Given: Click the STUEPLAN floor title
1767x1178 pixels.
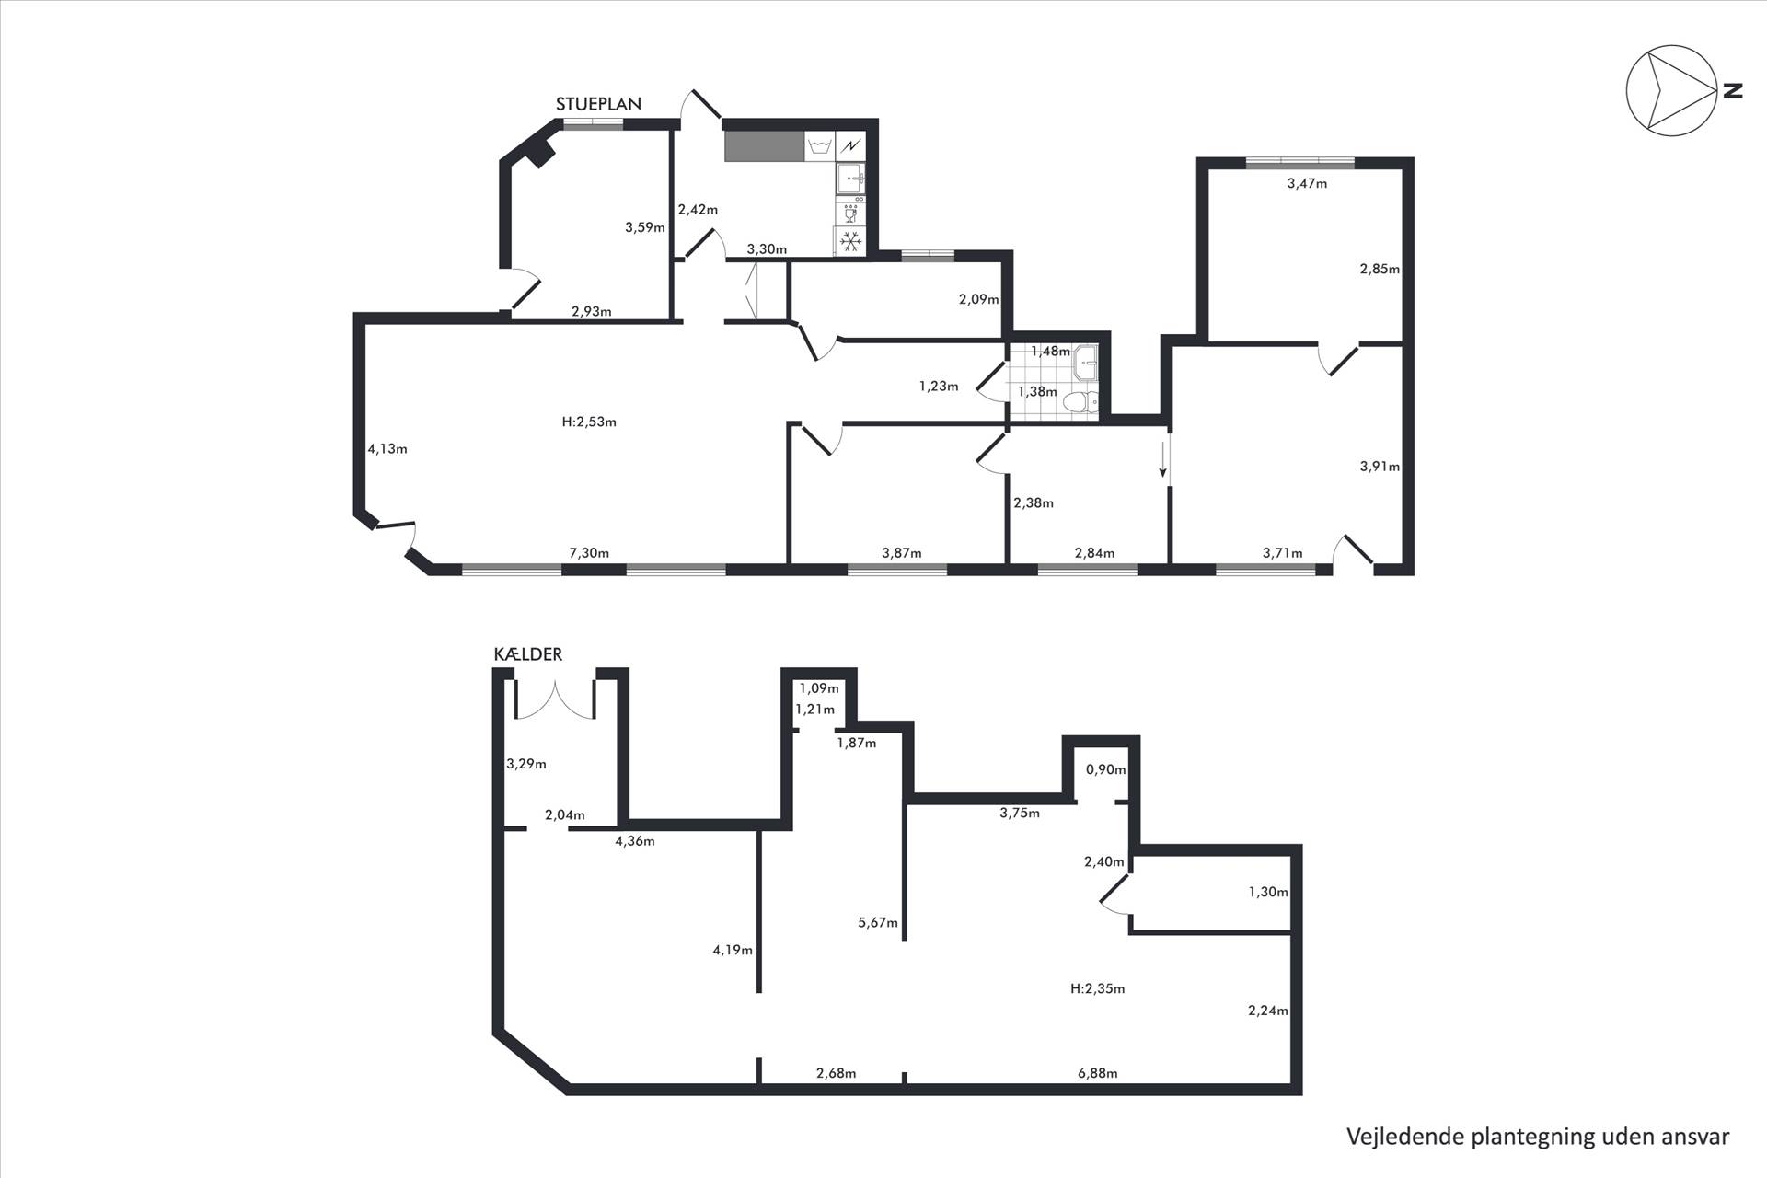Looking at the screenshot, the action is [x=598, y=104].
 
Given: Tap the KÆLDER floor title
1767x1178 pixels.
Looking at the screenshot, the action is [x=528, y=654].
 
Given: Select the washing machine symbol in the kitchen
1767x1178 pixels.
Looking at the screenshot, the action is [x=819, y=146].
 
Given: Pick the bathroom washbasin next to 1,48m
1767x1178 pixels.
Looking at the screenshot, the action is [x=1086, y=362].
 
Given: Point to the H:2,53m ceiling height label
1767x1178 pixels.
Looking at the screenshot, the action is [x=589, y=422].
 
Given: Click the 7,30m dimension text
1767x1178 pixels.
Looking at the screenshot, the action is [x=589, y=553].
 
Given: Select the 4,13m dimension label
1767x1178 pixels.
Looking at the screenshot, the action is [x=387, y=449].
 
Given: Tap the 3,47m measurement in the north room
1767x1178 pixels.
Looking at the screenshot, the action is [x=1307, y=183].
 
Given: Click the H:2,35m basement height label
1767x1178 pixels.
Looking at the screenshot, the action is [x=1098, y=989].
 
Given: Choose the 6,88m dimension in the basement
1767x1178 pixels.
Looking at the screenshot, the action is [x=1098, y=1073].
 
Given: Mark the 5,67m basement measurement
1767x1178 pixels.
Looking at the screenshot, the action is [x=878, y=922].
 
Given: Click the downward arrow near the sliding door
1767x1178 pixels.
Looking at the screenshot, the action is [x=1163, y=460].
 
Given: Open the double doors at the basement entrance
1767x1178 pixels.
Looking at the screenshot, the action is [x=554, y=699].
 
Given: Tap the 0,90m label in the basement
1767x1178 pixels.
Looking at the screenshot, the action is [x=1105, y=769].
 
